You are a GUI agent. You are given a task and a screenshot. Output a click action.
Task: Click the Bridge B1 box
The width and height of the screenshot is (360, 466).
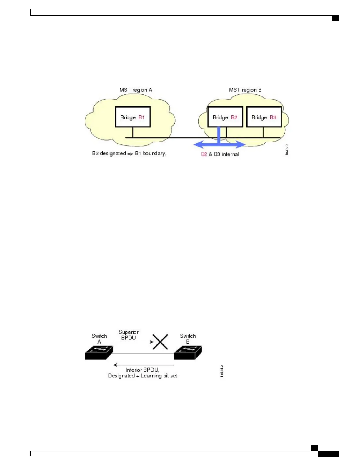[x=133, y=117]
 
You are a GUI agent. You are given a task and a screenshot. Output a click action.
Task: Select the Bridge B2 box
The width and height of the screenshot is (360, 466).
[x=225, y=117]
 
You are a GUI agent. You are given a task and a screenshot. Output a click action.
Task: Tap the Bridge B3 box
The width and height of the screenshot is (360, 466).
[x=264, y=117]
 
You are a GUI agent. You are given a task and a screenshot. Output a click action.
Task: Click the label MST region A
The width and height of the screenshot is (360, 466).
[x=136, y=90]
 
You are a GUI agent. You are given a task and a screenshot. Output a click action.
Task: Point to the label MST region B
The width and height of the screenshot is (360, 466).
[x=245, y=90]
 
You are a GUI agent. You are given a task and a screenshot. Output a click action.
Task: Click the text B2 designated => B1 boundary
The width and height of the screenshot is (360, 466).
[x=129, y=153]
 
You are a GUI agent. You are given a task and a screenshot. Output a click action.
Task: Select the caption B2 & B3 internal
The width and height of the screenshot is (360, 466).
[x=220, y=154]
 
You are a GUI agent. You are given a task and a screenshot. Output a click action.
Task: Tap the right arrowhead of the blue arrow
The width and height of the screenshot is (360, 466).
[x=241, y=144]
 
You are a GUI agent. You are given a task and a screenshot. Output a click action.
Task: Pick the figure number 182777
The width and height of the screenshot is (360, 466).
[x=287, y=149]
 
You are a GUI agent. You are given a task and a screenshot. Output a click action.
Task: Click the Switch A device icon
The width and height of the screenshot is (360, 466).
[x=99, y=353]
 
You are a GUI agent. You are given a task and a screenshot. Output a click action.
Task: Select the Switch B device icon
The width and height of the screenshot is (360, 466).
[x=188, y=353]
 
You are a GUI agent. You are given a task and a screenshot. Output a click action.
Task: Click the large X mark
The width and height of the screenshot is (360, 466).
[x=160, y=342]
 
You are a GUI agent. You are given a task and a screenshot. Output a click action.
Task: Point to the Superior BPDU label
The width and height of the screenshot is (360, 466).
[x=129, y=335]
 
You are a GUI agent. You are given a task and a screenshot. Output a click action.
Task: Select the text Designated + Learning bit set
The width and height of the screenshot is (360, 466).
[x=142, y=376]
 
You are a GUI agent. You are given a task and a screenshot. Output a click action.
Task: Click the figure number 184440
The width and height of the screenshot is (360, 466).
[x=222, y=371]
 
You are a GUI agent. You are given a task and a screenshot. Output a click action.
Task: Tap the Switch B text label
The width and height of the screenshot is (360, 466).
[x=188, y=339]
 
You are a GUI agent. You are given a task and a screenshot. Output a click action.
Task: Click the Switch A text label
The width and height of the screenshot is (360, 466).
[x=99, y=339]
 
